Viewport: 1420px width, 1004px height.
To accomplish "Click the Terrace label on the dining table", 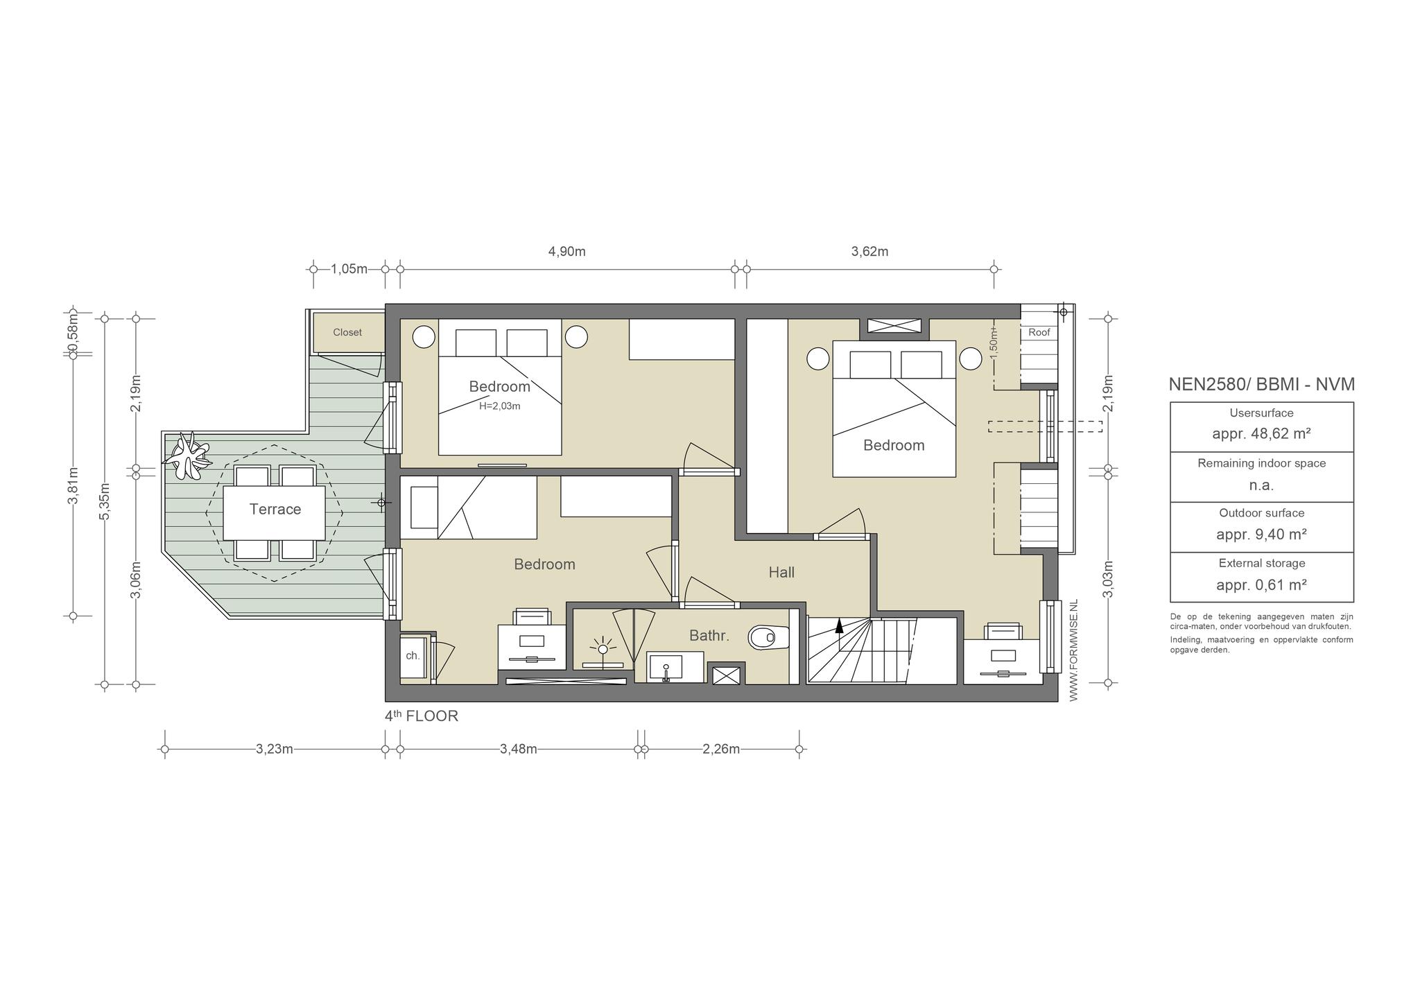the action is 275,510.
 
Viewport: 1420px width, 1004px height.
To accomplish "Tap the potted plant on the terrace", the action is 186,455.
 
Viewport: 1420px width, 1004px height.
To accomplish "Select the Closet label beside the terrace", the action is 347,333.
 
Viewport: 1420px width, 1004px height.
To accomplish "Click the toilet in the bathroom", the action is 769,637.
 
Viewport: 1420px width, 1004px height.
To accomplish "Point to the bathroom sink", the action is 665,667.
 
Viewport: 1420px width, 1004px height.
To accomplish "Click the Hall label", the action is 781,573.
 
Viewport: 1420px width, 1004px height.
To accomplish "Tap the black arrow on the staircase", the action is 839,626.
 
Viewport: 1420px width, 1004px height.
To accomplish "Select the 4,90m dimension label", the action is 567,252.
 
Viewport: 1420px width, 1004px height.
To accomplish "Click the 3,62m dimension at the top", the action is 869,252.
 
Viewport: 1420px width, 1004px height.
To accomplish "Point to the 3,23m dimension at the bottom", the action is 275,749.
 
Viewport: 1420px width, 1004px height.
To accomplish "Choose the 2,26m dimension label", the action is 721,749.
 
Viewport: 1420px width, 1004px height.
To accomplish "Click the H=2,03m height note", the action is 500,406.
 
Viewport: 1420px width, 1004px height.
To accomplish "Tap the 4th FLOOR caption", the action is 422,716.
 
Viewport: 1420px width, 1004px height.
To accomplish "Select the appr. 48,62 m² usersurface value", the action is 1261,435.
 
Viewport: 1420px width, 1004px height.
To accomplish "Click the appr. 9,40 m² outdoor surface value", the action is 1261,535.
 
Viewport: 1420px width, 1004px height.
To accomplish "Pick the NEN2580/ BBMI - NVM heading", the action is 1262,384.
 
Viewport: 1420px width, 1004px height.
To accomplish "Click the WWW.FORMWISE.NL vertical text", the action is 1074,651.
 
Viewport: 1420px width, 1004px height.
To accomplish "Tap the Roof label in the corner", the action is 1039,333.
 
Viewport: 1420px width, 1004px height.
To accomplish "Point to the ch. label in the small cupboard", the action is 413,656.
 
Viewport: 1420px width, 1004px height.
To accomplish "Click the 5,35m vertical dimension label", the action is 105,501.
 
